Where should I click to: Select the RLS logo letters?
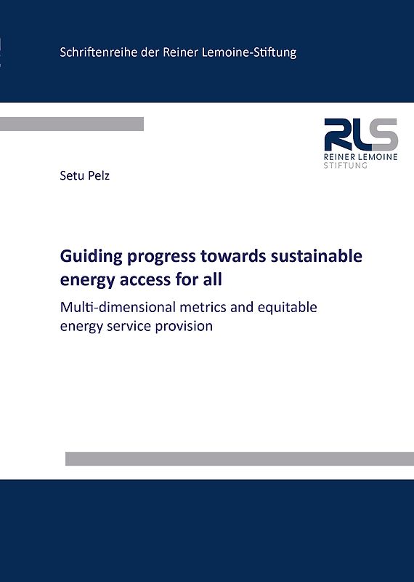[361, 135]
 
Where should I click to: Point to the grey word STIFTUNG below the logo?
[346, 166]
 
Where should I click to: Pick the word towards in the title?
[221, 257]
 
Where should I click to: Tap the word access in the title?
[144, 278]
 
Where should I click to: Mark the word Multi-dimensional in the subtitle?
[121, 306]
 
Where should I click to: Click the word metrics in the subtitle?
[211, 306]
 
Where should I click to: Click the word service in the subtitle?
[131, 327]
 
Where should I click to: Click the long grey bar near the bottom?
[240, 458]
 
